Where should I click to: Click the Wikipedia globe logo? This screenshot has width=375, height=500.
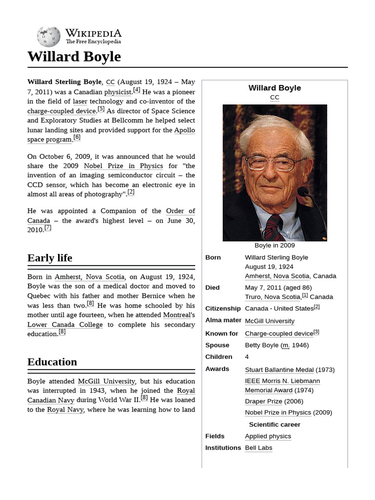(x=48, y=36)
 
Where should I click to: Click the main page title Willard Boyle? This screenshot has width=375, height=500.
(x=74, y=57)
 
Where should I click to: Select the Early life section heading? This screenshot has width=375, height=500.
(x=50, y=258)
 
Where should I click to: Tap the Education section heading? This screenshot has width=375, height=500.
(x=52, y=362)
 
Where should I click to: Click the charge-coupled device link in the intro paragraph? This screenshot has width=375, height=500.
(x=62, y=111)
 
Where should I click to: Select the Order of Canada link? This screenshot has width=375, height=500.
(x=180, y=211)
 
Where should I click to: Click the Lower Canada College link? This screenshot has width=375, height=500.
(x=65, y=325)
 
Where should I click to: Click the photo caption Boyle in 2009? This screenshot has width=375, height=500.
(x=274, y=246)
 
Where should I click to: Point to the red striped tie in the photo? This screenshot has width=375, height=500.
(x=273, y=228)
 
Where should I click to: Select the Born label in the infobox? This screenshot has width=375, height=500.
(x=213, y=257)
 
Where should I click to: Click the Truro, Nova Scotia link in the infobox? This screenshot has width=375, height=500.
(x=272, y=297)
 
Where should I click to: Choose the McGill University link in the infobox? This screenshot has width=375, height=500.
(x=270, y=321)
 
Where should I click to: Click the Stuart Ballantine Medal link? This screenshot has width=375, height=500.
(x=279, y=370)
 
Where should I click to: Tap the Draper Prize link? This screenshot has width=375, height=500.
(x=264, y=401)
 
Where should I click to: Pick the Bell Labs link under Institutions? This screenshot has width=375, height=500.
(x=258, y=448)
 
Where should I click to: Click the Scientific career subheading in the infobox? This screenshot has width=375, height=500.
(x=274, y=424)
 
